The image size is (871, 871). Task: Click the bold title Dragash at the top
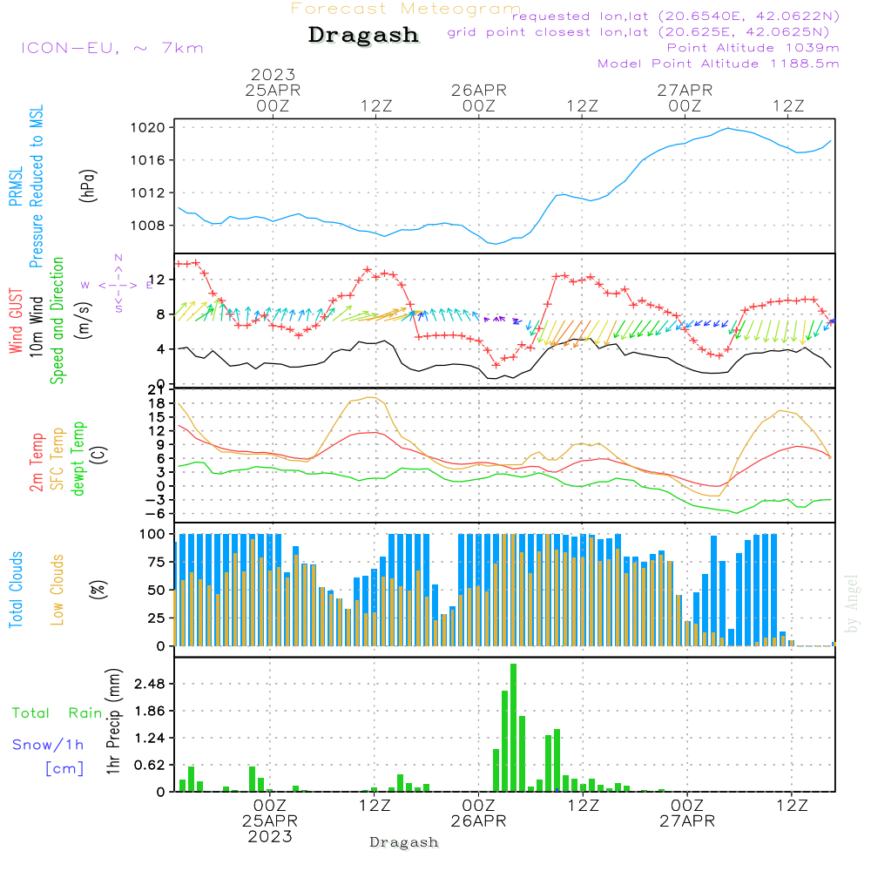[363, 36]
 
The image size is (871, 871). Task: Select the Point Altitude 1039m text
[753, 48]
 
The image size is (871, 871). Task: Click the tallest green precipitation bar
[513, 727]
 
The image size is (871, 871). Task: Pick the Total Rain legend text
[57, 712]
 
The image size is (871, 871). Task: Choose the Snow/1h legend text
[48, 745]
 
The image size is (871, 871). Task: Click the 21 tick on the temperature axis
[159, 389]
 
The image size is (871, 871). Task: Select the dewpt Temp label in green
[79, 458]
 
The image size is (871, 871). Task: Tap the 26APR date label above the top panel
[478, 90]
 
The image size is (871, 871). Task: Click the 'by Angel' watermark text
[852, 604]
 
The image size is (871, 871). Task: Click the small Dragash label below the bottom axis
[404, 842]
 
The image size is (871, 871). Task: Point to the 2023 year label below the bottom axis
[270, 836]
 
